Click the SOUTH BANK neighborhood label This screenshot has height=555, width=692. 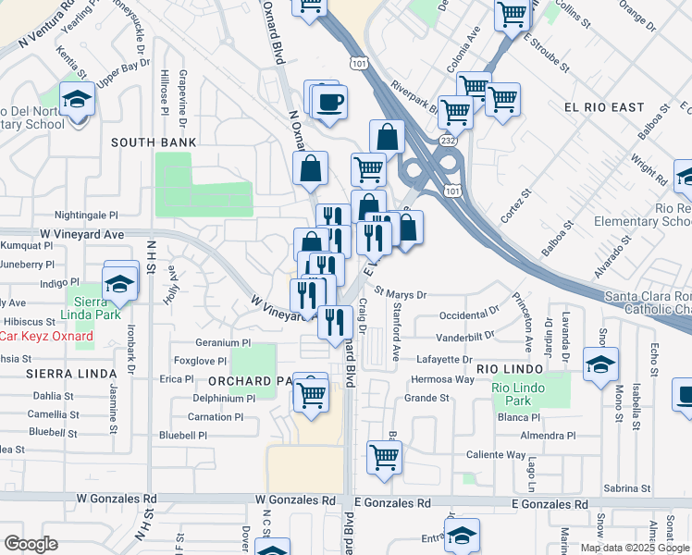pos(153,142)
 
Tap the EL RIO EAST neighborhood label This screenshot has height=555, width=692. pos(604,107)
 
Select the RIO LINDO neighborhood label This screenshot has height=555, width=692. pos(509,368)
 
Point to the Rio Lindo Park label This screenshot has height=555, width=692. pos(512,394)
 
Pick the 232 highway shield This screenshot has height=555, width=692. pos(447,140)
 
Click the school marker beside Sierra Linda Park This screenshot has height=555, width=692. pos(120,284)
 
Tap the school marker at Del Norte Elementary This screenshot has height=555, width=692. pos(78,99)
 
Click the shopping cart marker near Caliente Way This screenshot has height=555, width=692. pos(384,456)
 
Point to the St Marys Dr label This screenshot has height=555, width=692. pos(399,295)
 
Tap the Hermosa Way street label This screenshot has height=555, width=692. pos(442,379)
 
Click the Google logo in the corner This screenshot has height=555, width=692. pos(31,544)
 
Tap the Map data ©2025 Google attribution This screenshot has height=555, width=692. pos(634,548)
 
